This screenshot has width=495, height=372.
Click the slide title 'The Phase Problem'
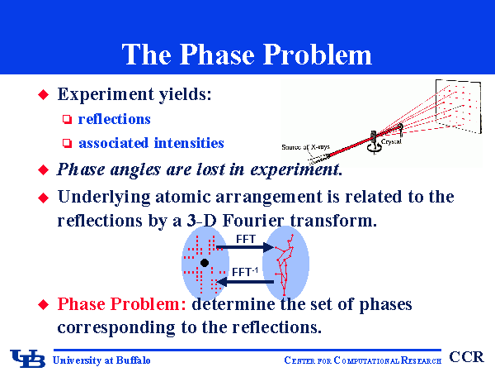(x=247, y=54)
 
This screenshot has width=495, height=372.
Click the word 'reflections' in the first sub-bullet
(x=114, y=119)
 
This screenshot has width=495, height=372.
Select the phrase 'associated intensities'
(x=151, y=143)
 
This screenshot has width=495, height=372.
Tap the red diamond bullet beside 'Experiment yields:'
(x=45, y=96)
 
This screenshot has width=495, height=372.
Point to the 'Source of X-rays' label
(x=305, y=147)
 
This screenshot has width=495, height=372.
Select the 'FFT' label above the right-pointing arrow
(x=246, y=238)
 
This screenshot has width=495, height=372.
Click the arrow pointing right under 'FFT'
(x=244, y=248)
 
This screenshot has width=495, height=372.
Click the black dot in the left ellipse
(x=204, y=263)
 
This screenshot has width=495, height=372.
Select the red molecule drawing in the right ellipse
(x=285, y=263)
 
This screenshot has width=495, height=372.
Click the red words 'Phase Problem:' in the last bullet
(x=122, y=304)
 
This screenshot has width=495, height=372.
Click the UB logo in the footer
(x=28, y=358)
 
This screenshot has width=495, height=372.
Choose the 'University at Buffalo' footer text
(x=101, y=360)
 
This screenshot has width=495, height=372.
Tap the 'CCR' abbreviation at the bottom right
(x=467, y=357)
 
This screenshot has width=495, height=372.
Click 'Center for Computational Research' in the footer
(x=362, y=360)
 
